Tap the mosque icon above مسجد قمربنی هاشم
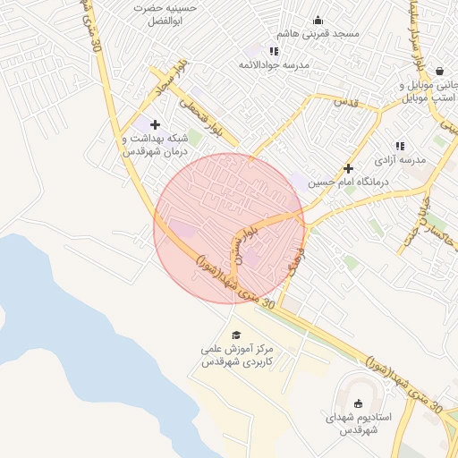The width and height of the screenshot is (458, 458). point(318,20)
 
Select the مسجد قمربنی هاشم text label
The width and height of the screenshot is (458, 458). point(318,33)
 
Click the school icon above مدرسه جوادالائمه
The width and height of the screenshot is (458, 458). point(273,51)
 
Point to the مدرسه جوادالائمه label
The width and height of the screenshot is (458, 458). point(273,65)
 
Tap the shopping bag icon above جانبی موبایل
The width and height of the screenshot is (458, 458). point(439,71)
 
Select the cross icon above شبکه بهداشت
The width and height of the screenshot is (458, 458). point(156,124)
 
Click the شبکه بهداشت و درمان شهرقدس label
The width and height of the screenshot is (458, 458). point(155,145)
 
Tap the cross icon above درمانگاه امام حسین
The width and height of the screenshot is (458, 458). point(348,168)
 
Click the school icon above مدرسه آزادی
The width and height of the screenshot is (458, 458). point(400,145)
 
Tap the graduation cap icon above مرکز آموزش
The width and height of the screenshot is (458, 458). point(236,335)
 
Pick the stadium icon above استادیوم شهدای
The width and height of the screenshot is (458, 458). point(360,404)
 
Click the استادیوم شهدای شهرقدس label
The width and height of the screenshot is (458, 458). point(360,424)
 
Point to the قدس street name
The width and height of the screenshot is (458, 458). point(346,103)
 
